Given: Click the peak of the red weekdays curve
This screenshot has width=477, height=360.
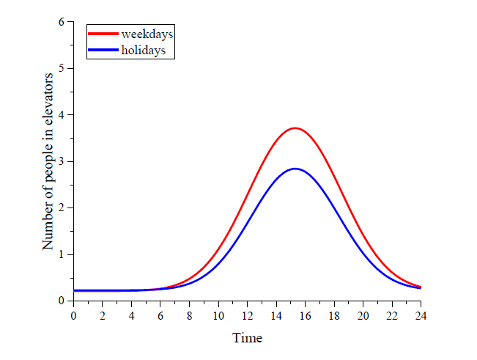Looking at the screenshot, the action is [x=295, y=128].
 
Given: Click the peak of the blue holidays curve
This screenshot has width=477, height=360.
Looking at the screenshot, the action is [x=295, y=169].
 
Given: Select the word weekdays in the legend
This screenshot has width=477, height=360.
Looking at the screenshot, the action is [x=147, y=34].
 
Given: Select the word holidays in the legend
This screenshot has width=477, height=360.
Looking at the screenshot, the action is [x=144, y=50].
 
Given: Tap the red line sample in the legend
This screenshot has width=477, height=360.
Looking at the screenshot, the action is [x=103, y=34].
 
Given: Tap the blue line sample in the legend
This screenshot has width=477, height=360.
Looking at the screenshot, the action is [x=103, y=50].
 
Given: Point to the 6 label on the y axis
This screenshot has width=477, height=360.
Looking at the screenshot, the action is [x=62, y=22].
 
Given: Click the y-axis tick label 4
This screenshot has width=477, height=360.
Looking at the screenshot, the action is [x=62, y=115].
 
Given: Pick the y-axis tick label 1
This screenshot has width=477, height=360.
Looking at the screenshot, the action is [x=62, y=254].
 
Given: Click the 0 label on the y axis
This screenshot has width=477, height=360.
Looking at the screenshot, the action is [x=62, y=301].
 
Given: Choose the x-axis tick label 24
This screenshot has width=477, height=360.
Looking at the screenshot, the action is [x=421, y=316].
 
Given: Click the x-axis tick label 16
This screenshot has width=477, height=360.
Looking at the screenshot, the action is [x=305, y=316].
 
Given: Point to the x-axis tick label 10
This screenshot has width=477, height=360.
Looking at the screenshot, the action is [x=218, y=316].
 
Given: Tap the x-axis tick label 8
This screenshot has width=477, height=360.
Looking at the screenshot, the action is [x=190, y=316].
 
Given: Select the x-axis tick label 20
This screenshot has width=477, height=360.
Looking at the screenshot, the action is [x=363, y=316].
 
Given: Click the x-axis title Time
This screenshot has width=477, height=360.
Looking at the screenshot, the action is [x=247, y=338].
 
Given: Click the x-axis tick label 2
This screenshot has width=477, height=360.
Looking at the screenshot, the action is [x=103, y=316].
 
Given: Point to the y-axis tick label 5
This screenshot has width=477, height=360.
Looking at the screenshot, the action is [x=62, y=68].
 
